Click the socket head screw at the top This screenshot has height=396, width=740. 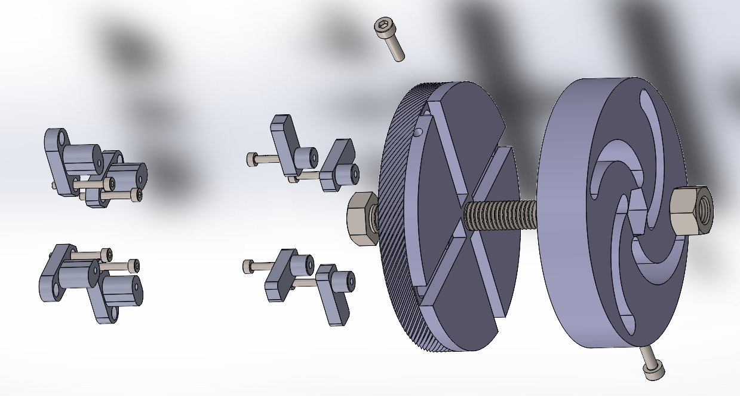389,38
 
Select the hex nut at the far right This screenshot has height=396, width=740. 691,211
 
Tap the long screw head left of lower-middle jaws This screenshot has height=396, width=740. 248,266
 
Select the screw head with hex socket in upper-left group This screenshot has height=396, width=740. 137,194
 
